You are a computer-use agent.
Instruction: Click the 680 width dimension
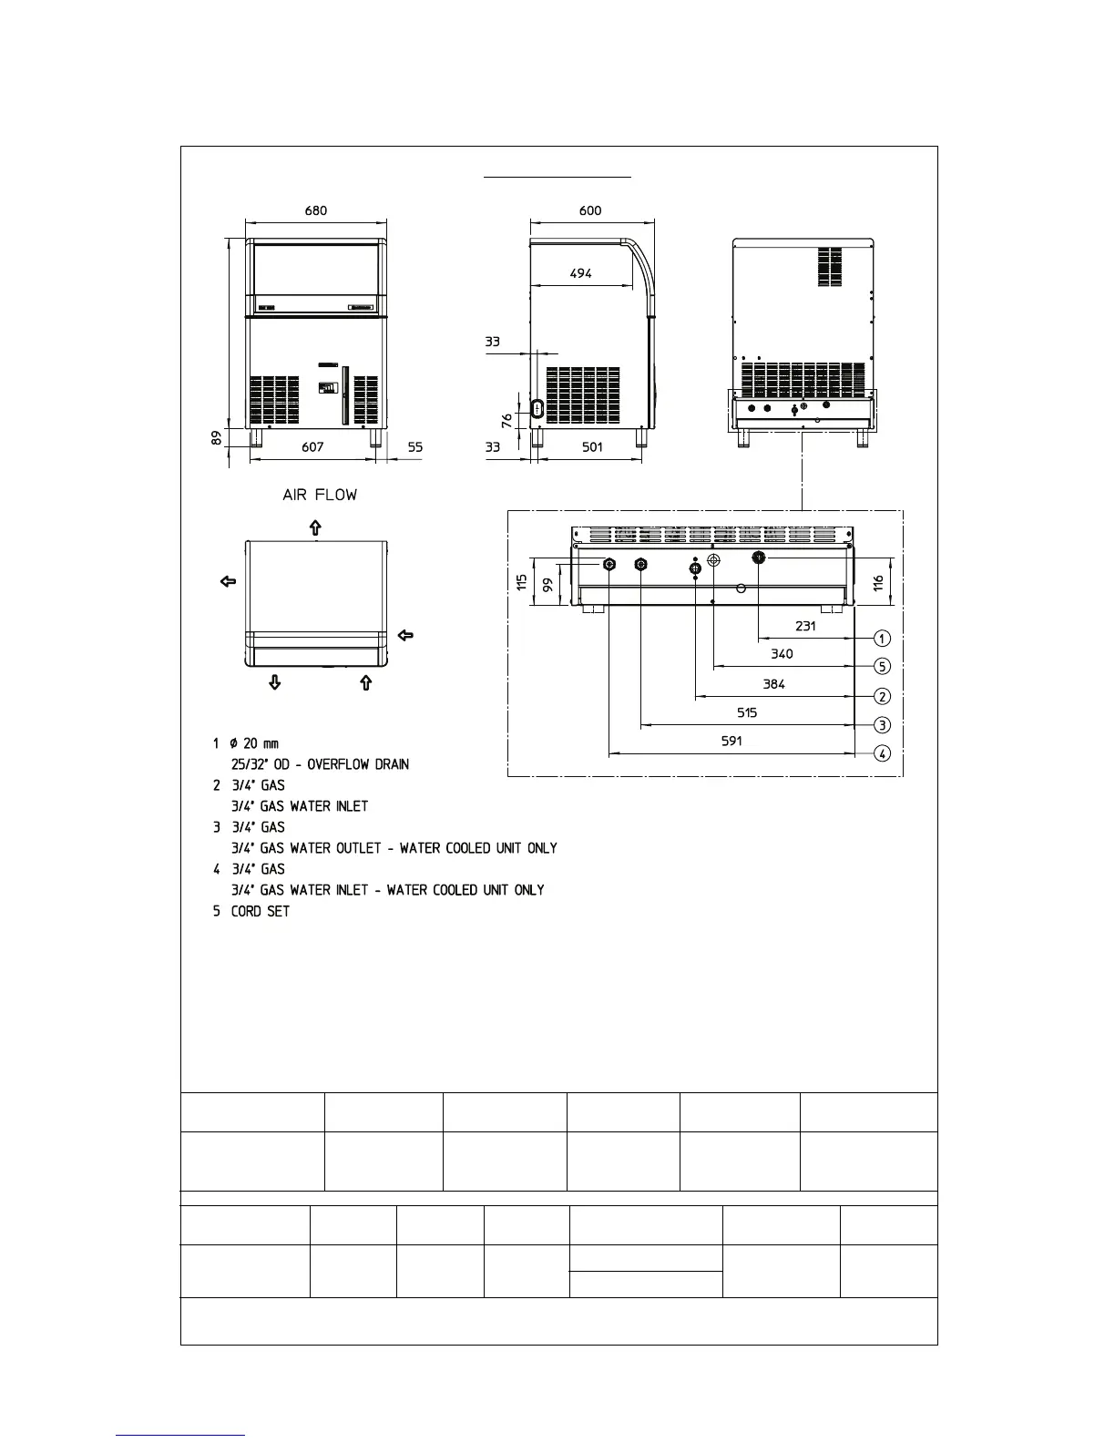coord(316,210)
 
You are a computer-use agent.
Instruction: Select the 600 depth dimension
coord(590,210)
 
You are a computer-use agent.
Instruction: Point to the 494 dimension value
coord(580,272)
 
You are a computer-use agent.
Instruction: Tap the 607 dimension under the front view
coord(312,447)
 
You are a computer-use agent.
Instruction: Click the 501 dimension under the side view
coord(592,447)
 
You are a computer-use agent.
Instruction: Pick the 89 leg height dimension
coord(216,437)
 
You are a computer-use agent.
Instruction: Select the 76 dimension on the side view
coord(506,420)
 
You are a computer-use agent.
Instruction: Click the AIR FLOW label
coord(320,495)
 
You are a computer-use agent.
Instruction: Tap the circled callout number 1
coord(882,638)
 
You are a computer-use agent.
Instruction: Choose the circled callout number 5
coord(882,666)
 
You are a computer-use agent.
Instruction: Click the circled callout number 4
coord(882,753)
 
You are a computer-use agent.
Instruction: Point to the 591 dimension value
coord(731,741)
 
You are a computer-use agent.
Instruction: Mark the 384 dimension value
coord(773,684)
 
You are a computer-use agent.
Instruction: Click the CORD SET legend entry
coord(261,911)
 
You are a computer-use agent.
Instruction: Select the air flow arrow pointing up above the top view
coord(315,527)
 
